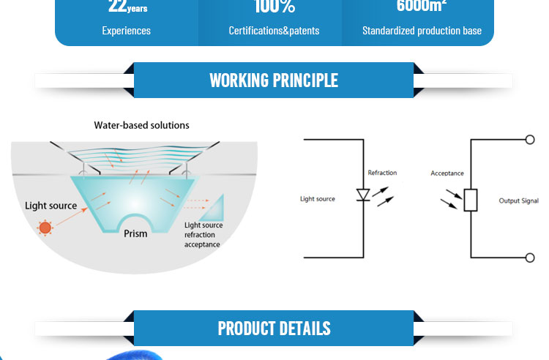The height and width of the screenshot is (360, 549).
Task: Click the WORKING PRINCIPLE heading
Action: pos(274,80)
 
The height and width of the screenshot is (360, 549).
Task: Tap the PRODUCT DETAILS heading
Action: pos(274,328)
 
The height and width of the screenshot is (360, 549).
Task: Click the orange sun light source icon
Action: pos(45,228)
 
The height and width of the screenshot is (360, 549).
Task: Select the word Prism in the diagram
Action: pos(135,233)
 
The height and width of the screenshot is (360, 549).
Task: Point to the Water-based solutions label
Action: pos(141,125)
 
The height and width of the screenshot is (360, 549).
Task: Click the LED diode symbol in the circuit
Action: pos(363,195)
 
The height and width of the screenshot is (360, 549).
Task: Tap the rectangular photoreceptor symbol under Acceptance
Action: pos(471,199)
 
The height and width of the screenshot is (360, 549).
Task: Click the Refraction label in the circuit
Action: pos(382,173)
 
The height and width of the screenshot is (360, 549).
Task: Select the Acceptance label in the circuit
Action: pos(447,173)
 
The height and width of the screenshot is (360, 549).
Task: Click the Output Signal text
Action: pos(518,200)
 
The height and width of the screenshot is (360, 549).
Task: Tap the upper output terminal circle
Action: pos(531,140)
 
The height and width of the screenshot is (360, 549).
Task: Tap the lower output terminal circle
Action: pos(531,258)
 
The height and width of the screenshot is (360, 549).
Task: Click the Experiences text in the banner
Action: pos(126,31)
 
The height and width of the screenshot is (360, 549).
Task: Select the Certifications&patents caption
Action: pos(274,31)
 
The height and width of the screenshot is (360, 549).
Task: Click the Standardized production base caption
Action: pos(422,31)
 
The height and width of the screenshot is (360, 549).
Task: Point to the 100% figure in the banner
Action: pos(274,7)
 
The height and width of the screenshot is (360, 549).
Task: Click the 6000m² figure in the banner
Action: pos(422,7)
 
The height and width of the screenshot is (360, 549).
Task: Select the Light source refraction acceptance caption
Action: pos(203,235)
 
